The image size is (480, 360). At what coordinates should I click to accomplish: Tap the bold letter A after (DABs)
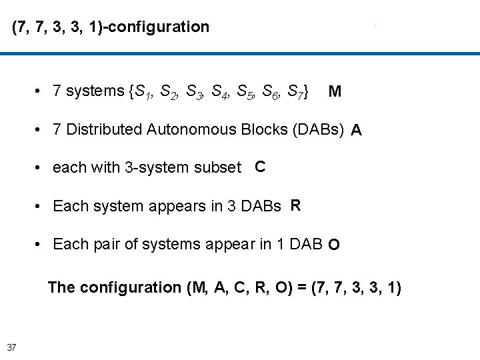(x=357, y=130)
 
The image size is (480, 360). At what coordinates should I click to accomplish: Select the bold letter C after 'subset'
(x=260, y=167)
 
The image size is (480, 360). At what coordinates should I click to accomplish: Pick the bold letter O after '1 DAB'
(x=333, y=245)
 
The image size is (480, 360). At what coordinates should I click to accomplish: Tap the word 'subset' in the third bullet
(x=221, y=168)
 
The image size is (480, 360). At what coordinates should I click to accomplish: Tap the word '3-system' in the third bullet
(x=153, y=168)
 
